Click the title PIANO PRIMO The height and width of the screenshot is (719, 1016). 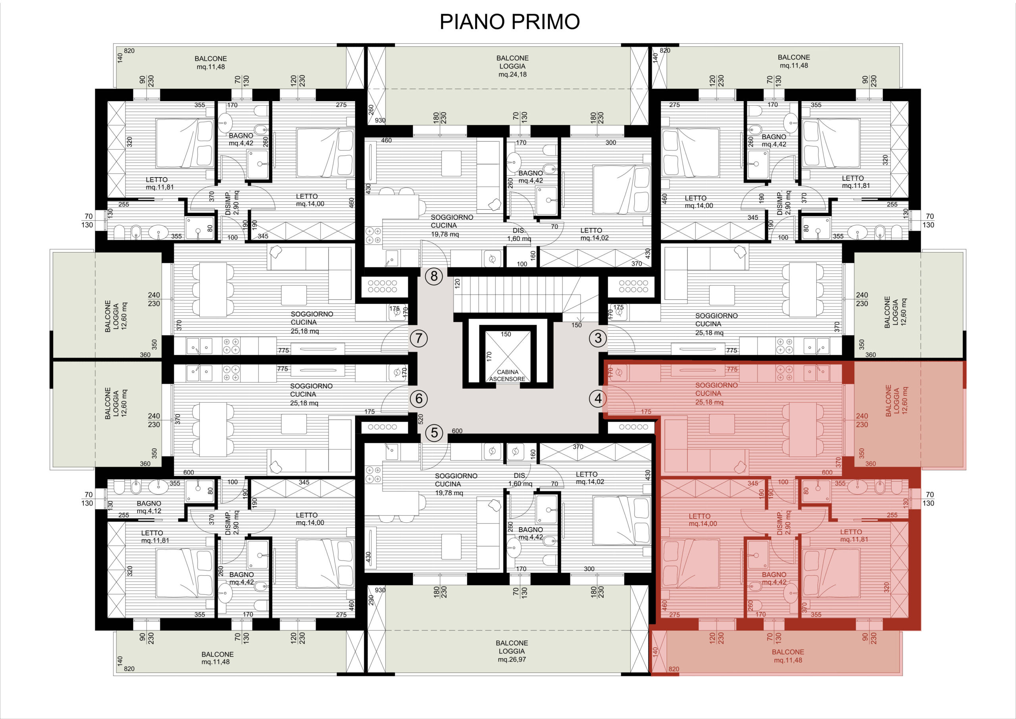pos(509,22)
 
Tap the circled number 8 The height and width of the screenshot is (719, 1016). pos(434,276)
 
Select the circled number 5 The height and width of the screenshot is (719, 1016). pos(434,432)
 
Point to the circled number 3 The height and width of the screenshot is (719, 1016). pos(598,338)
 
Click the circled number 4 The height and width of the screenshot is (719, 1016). pos(598,399)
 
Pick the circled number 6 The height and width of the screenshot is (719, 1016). pos(419,399)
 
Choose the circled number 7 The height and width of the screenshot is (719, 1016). pos(419,339)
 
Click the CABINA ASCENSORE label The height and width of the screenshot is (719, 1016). pos(507,376)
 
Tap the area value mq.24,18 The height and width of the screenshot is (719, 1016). pos(512,74)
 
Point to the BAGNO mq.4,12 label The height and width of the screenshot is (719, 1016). pos(149,507)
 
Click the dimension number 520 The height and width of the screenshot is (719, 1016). pos(420,419)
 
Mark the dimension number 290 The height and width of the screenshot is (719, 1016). pos(371,600)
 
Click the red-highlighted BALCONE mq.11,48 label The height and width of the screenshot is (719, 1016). pos(788,656)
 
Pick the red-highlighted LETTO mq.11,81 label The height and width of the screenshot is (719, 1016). pos(854,536)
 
